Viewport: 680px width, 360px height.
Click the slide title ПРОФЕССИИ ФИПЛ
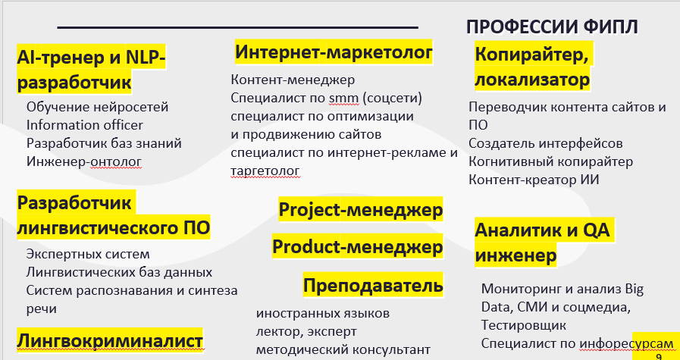552,27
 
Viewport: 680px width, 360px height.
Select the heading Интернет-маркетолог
334,52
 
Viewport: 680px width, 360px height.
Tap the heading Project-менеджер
360,209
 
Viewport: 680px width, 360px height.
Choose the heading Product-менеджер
357,247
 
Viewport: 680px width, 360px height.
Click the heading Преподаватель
373,285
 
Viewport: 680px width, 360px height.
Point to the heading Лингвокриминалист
110,340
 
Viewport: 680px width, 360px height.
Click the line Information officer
85,125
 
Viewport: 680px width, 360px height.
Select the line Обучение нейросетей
97,107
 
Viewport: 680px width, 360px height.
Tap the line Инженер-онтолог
84,161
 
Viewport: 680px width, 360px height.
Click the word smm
344,99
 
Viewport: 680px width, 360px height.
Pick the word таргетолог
265,171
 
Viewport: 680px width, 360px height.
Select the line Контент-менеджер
293,80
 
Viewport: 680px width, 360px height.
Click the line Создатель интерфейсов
546,143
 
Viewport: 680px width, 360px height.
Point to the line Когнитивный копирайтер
551,161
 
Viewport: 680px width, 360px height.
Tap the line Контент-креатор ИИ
534,180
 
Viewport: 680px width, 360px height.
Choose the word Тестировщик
523,325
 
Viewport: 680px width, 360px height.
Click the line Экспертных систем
88,254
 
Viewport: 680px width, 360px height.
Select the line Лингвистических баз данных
119,272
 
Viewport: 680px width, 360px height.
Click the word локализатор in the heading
532,80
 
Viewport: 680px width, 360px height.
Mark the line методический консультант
343,349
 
